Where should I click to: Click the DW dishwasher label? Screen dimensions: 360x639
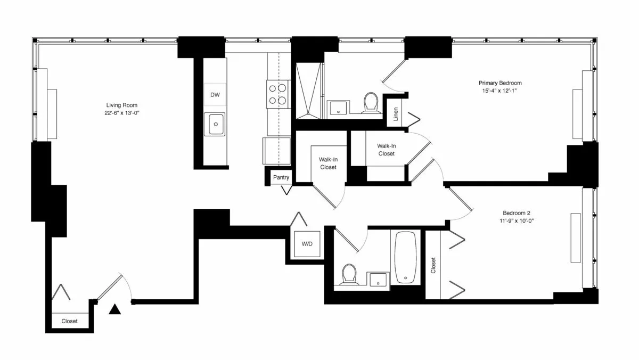coord(215,95)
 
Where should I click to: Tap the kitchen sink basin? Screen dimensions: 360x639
coord(215,125)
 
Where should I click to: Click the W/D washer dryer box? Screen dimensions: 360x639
coord(307,244)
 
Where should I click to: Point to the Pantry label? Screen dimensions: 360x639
coord(281,177)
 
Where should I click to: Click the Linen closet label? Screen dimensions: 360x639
coord(396,114)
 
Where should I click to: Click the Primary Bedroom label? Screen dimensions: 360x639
coord(499,83)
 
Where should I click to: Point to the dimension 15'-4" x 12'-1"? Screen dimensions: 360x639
coord(499,91)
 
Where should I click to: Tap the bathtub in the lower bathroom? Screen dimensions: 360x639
coord(407,257)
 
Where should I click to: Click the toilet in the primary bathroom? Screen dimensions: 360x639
coord(370,103)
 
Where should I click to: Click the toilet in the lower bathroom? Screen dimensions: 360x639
coord(349,274)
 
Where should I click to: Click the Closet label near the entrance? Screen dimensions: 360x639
coord(69,321)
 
